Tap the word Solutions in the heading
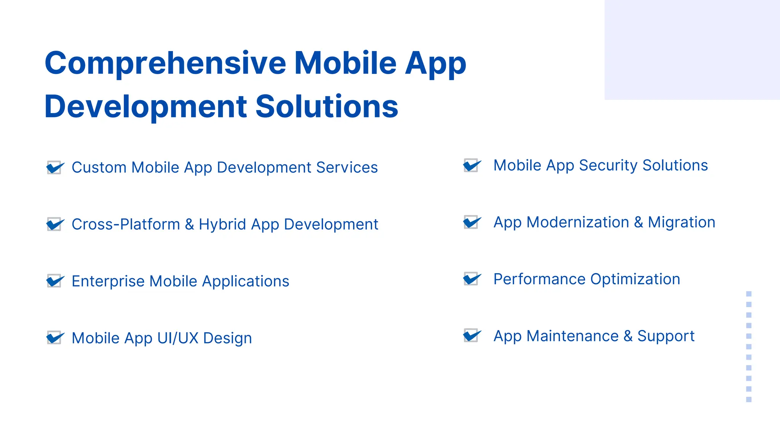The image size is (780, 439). [326, 106]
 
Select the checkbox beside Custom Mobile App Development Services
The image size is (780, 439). [54, 167]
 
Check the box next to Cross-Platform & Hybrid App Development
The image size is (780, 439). [54, 224]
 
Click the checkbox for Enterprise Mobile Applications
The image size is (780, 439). [54, 281]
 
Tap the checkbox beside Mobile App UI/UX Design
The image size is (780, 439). [54, 338]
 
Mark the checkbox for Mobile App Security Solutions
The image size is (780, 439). [471, 165]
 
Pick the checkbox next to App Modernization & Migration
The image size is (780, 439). [471, 222]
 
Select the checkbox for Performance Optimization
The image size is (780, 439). [471, 279]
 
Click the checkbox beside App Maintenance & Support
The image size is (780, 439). [471, 336]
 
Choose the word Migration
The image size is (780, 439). [681, 222]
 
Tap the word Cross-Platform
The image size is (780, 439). [126, 224]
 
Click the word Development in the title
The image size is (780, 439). [146, 106]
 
